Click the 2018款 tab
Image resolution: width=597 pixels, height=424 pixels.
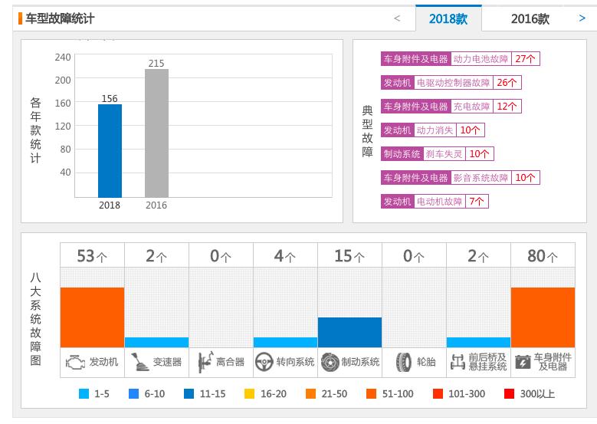coord(448,18)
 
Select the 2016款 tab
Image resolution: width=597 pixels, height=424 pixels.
coord(530,18)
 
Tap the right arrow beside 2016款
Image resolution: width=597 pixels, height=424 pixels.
coord(582,18)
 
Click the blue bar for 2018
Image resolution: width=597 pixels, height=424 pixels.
coord(110,151)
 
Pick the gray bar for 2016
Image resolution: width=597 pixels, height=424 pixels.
coord(156,133)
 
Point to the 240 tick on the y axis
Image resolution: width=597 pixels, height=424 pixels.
coord(63,58)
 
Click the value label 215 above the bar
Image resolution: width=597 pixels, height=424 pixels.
coord(156,64)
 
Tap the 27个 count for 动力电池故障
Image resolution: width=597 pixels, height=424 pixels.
coord(526,58)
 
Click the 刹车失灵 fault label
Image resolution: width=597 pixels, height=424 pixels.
coord(444,153)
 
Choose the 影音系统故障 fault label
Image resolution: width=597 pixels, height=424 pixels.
coord(481,177)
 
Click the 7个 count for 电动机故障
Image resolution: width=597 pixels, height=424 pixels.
coord(477,201)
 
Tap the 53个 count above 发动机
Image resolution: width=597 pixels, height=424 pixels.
coord(92,256)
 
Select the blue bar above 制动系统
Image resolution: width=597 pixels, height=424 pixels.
coord(349,332)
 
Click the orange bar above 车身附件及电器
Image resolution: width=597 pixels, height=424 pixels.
coord(543,317)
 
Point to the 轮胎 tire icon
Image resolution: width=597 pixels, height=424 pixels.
coord(403,362)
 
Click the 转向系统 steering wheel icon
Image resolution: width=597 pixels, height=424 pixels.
coord(264,362)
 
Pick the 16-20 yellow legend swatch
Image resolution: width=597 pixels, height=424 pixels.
coord(249,394)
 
